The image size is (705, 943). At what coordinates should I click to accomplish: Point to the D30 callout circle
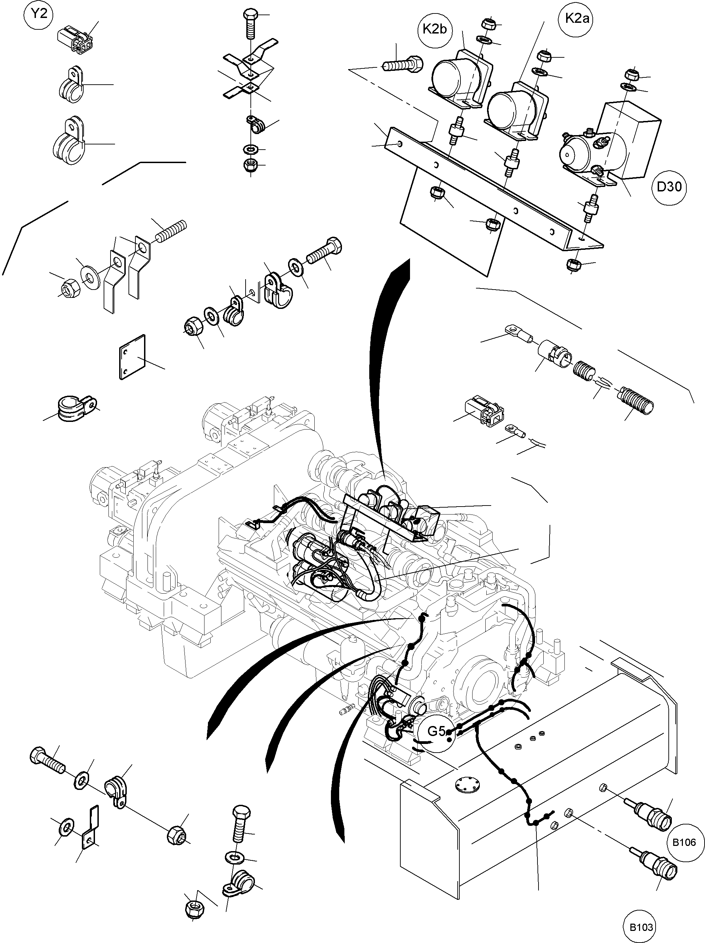tap(669, 187)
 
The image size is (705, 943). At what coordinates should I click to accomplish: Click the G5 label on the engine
tap(436, 732)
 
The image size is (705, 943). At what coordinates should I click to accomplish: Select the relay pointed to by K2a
tap(516, 110)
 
